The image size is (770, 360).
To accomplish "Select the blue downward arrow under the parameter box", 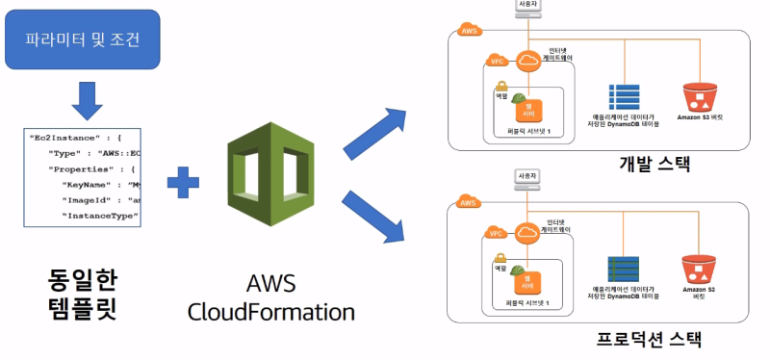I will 86,100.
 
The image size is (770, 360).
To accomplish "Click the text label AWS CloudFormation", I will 271,298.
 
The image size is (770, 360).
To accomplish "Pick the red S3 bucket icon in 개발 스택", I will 701,96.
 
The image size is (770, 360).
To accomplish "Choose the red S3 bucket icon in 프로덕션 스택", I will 701,269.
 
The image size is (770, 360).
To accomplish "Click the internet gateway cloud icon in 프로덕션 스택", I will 528,232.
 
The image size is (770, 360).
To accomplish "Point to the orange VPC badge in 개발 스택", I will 497,61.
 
